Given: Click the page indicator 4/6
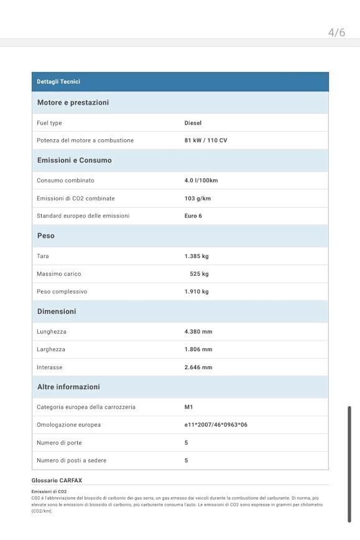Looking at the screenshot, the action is coord(336,32).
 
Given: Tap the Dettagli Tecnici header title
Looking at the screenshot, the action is coord(58,81).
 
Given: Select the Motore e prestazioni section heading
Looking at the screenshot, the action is coord(73,103).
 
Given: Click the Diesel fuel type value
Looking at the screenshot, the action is coord(193,123).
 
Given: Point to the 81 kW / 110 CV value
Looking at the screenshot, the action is coord(205,140).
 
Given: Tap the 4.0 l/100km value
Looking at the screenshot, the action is coord(201,180).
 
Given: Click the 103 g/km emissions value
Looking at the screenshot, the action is coord(197,198).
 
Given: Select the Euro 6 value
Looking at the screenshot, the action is coord(193,216).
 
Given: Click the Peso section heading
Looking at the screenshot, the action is coord(46,236).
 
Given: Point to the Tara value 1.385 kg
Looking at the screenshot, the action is coord(196,256).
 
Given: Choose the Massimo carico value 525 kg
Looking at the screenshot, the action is coord(199,273).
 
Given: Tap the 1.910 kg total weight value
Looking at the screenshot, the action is coord(196,291).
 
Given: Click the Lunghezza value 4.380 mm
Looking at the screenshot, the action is coord(198,331).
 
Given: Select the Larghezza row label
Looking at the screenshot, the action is coord(51,349).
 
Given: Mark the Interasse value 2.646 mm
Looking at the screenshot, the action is coord(198,367).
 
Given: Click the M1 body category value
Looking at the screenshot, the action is coord(188,407).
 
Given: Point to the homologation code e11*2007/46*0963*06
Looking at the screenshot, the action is coord(216,424).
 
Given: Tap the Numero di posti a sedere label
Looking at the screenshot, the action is coord(72,460).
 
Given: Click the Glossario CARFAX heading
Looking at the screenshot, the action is coord(57,480).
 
